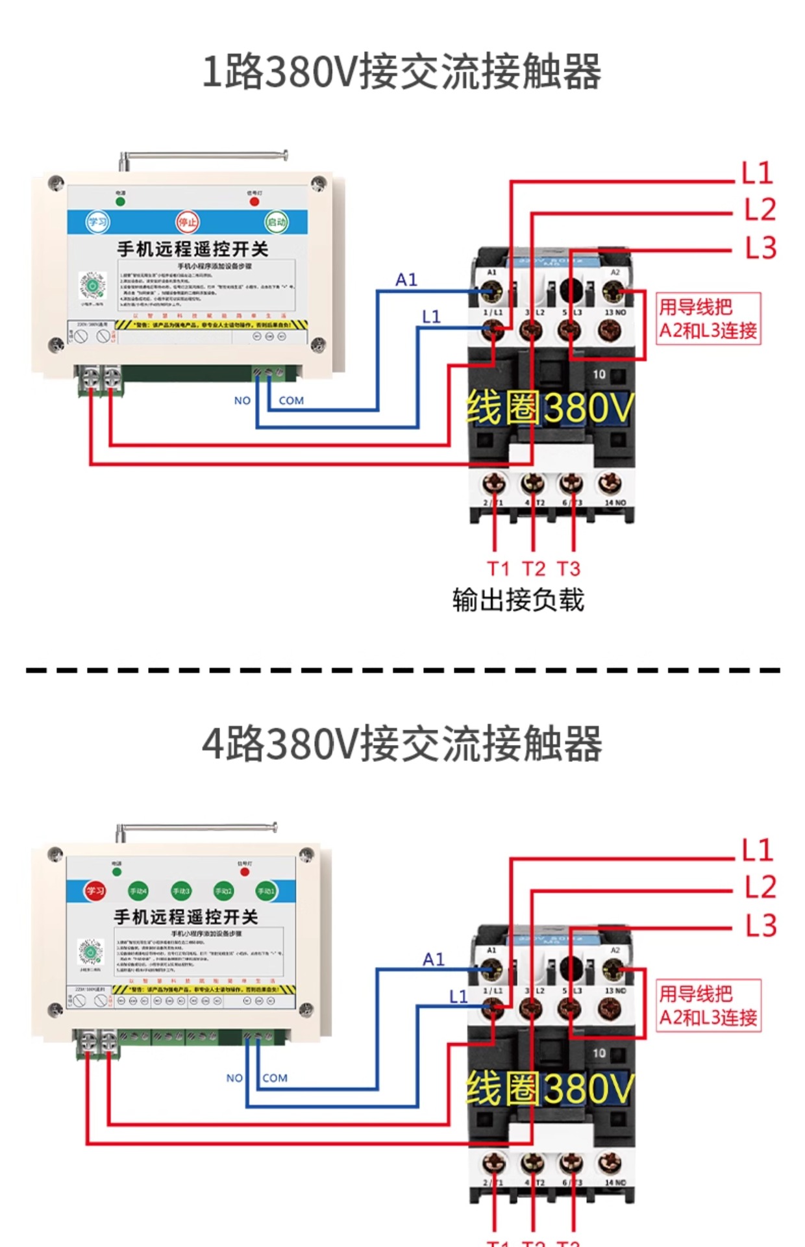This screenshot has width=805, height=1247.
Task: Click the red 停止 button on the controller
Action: click(x=188, y=222)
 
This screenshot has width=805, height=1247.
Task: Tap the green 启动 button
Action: click(x=276, y=222)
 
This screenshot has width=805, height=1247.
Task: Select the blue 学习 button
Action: click(x=98, y=222)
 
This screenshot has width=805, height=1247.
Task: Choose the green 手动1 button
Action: click(x=266, y=891)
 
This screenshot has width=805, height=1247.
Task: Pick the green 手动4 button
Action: click(x=138, y=891)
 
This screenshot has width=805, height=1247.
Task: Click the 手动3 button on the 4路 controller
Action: click(x=180, y=891)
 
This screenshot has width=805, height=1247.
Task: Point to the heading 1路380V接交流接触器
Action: click(x=402, y=71)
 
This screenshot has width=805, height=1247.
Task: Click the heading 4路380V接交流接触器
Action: click(x=402, y=744)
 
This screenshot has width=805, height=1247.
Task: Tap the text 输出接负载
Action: click(x=518, y=599)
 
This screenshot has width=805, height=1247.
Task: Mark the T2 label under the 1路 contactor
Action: click(x=534, y=569)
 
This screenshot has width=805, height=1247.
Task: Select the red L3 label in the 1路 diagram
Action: click(x=760, y=248)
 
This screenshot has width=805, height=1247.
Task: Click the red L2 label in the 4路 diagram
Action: click(x=760, y=887)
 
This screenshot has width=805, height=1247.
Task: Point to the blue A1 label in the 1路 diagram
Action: click(x=406, y=280)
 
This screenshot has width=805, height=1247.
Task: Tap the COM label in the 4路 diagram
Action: click(x=275, y=1078)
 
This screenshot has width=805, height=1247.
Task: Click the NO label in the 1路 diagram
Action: click(x=242, y=401)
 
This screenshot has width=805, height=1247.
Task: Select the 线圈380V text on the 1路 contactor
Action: click(x=549, y=408)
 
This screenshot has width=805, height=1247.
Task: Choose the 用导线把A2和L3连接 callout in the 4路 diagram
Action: click(x=708, y=1005)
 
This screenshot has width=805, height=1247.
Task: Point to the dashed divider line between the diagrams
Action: click(x=402, y=670)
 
